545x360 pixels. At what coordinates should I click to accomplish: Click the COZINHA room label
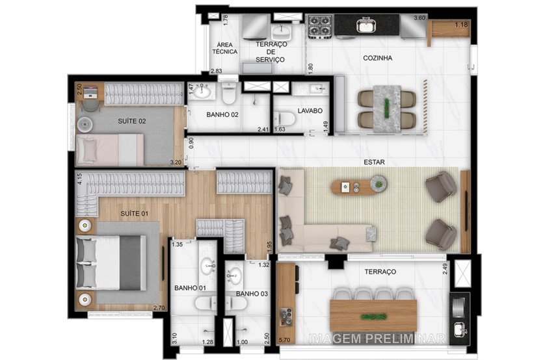coord(377,58)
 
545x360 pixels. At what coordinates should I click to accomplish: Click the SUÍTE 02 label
coord(131,122)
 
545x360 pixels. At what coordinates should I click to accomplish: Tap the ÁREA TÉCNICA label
coord(225,47)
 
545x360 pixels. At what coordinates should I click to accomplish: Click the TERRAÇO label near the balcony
coord(380,272)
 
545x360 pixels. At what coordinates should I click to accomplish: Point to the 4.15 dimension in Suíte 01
coord(79,179)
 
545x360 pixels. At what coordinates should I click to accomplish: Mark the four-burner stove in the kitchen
coord(320,26)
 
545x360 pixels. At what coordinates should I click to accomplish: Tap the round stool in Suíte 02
coord(86,123)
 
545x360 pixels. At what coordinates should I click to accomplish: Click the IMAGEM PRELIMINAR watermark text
coord(377,339)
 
